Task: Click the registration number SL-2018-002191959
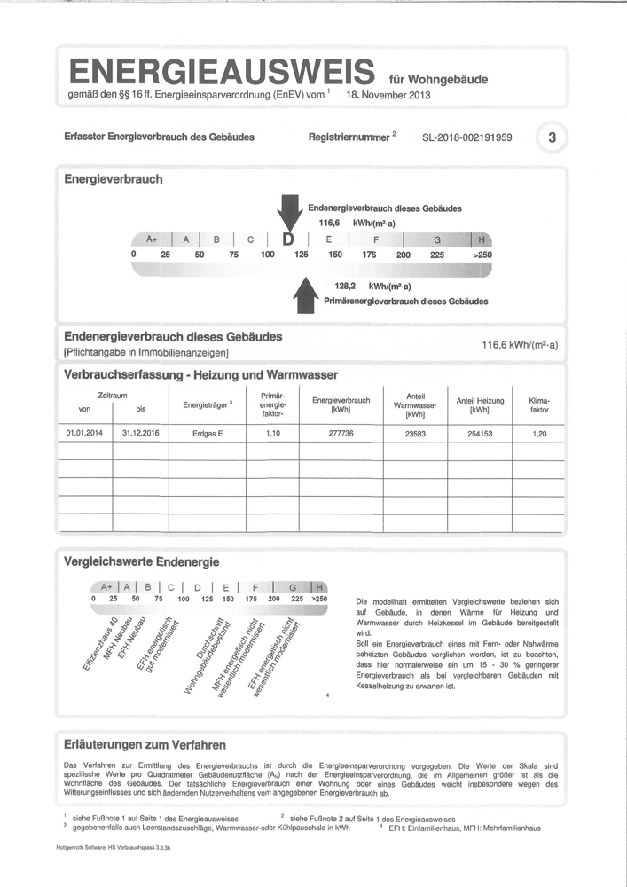(x=467, y=137)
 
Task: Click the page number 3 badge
(x=553, y=137)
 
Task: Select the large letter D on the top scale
(x=287, y=239)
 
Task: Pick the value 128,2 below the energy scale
(x=346, y=287)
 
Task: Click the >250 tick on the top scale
(x=482, y=255)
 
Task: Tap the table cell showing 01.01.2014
(x=85, y=434)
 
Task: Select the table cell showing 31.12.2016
(x=140, y=434)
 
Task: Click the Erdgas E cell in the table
(x=208, y=434)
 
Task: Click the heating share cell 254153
(x=480, y=434)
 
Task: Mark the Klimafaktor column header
(x=539, y=405)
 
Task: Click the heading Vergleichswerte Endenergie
(x=142, y=561)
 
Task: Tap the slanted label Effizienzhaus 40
(x=100, y=641)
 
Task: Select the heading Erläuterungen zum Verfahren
(x=145, y=744)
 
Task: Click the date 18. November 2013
(x=388, y=93)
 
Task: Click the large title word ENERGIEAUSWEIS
(x=221, y=71)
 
